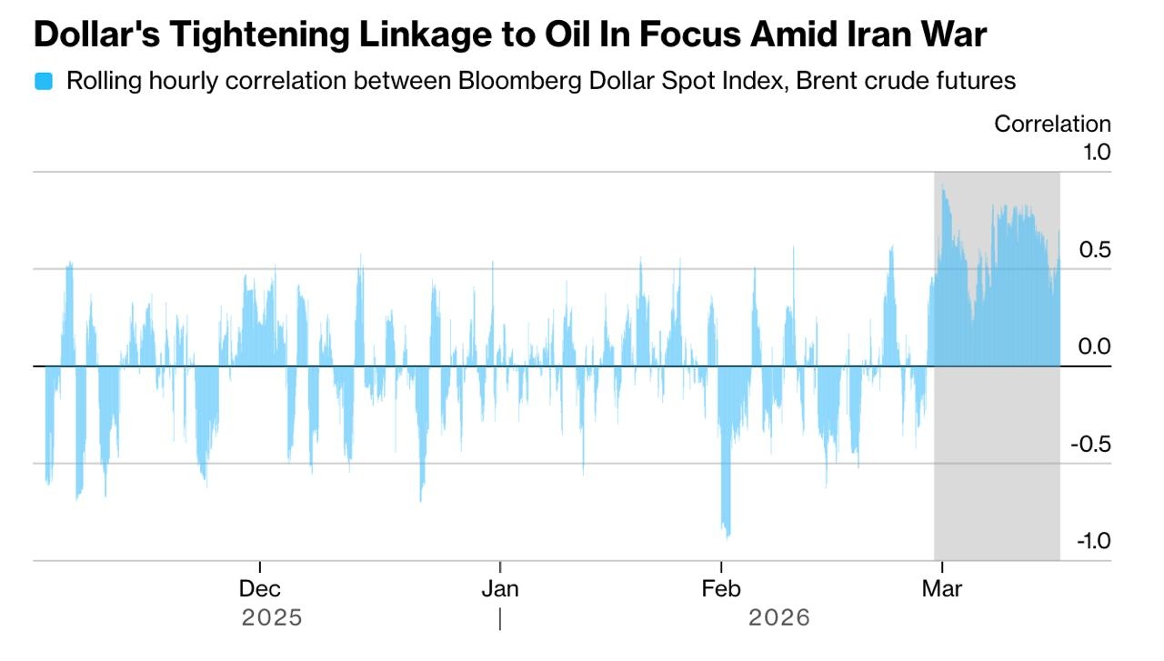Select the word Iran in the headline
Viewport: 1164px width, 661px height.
click(x=863, y=35)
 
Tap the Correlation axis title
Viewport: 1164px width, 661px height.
click(x=1052, y=125)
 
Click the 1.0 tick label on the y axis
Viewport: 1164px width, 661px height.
click(x=1095, y=152)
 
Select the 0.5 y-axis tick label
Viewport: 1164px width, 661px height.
click(x=1095, y=249)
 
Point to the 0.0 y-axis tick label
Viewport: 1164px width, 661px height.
click(x=1095, y=346)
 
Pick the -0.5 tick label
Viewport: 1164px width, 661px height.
click(x=1091, y=444)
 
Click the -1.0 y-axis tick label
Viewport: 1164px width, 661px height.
click(x=1091, y=541)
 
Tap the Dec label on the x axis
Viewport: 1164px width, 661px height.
click(x=260, y=589)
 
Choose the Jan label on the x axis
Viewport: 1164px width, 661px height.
click(x=499, y=589)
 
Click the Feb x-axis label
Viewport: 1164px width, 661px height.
click(x=721, y=589)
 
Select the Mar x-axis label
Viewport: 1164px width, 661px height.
click(x=942, y=589)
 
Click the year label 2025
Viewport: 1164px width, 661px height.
click(x=271, y=618)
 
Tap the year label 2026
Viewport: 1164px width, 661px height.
click(x=778, y=618)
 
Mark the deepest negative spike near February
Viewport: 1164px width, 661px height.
click(x=727, y=534)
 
